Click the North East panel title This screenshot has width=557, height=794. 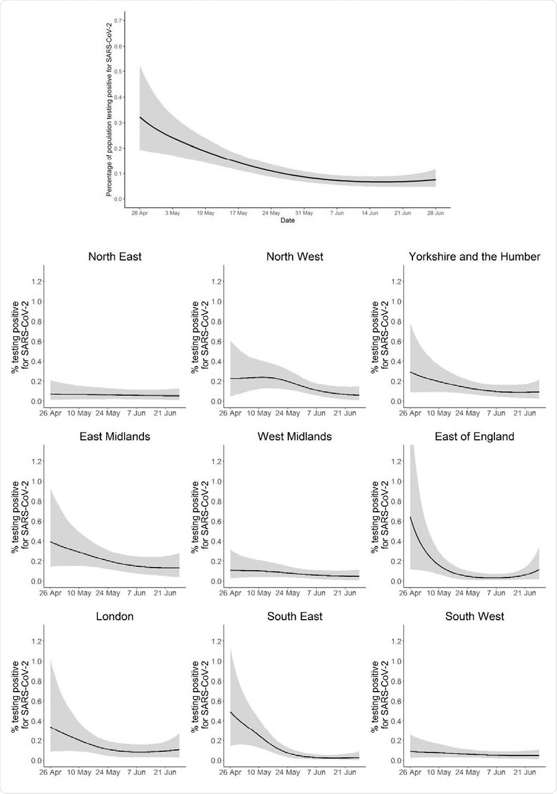pyautogui.click(x=115, y=256)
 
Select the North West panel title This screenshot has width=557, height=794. pyautogui.click(x=295, y=256)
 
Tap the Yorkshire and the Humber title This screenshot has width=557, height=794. pyautogui.click(x=475, y=256)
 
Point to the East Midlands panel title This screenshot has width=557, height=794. pyautogui.click(x=115, y=436)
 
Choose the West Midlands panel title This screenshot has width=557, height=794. pyautogui.click(x=295, y=436)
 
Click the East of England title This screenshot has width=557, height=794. pyautogui.click(x=475, y=436)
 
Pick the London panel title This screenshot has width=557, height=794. pyautogui.click(x=115, y=616)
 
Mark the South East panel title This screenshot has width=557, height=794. pyautogui.click(x=295, y=616)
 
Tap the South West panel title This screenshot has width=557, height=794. pyautogui.click(x=475, y=616)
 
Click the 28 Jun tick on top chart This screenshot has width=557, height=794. pyautogui.click(x=435, y=213)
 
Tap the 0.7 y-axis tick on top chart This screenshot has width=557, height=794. pyautogui.click(x=118, y=21)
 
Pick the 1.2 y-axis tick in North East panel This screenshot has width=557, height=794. pyautogui.click(x=35, y=282)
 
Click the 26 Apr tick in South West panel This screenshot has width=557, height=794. pyautogui.click(x=410, y=773)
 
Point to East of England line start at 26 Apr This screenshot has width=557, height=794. pyautogui.click(x=410, y=517)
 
